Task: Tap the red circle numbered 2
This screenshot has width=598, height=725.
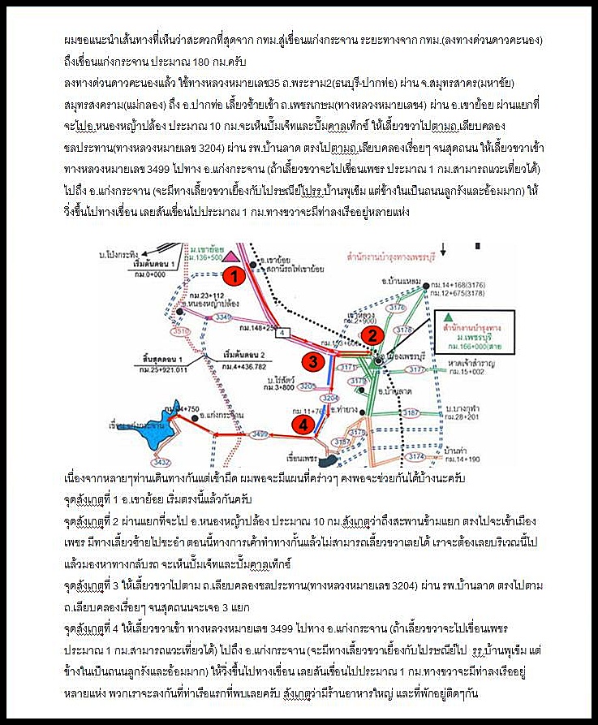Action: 371,334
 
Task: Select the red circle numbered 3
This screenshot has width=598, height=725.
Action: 312,362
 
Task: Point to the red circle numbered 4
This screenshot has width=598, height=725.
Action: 302,424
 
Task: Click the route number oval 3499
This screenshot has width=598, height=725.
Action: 261,436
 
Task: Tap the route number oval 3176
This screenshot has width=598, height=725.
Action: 397,309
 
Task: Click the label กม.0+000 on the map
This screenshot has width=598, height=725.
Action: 148,277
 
